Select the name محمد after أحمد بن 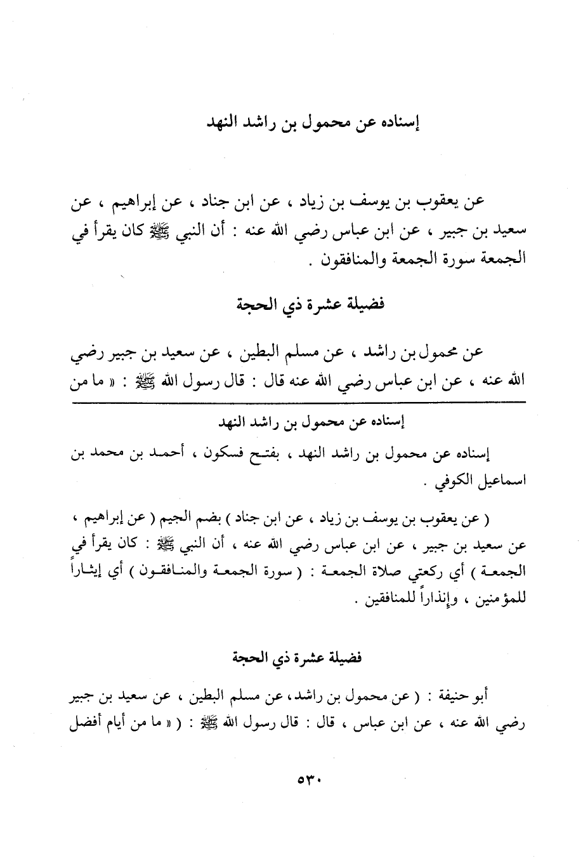109,455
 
